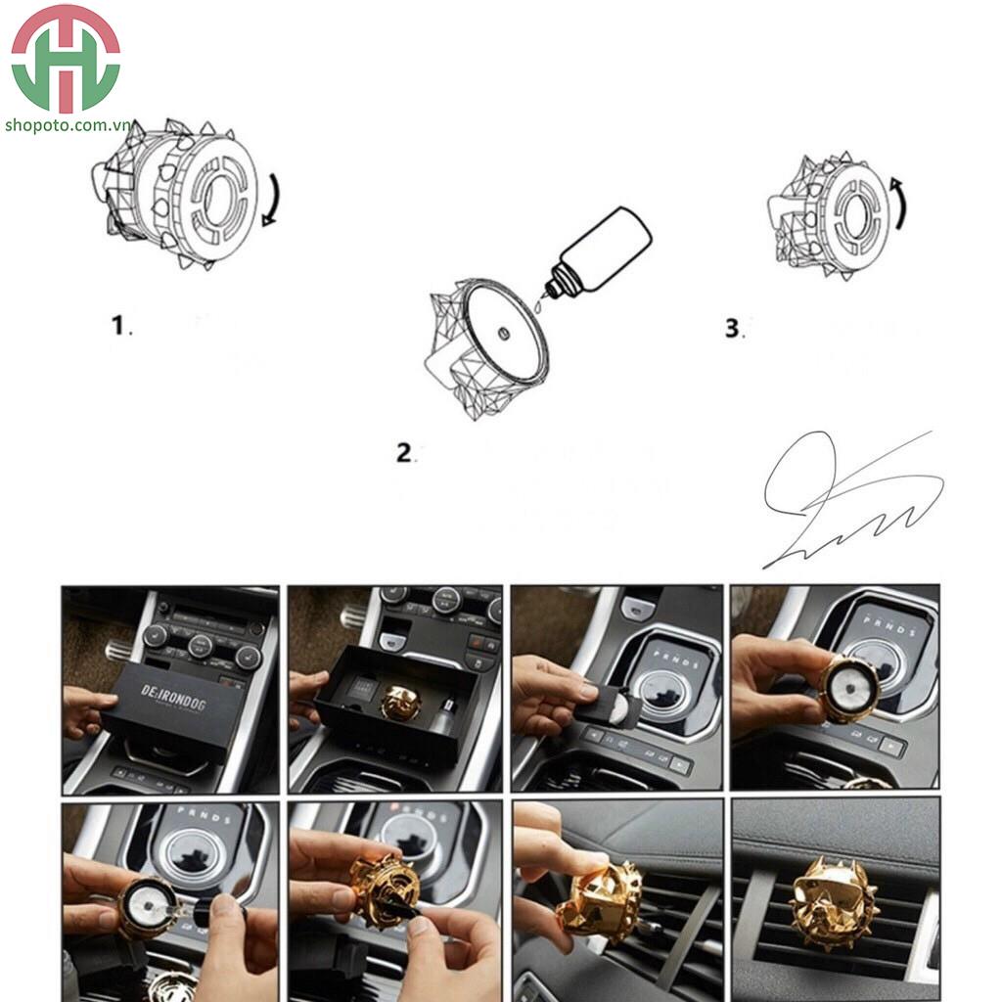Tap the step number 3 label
pyautogui.click(x=733, y=329)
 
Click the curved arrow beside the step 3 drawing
pyautogui.click(x=899, y=204)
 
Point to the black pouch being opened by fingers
pyautogui.click(x=609, y=706)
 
